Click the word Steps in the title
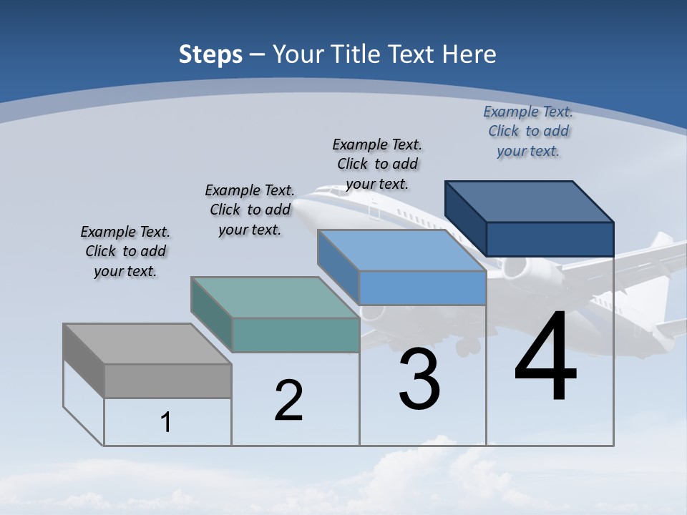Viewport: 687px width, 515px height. click(x=210, y=54)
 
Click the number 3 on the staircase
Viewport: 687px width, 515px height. click(x=419, y=379)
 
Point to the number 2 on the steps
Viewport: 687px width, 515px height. click(x=289, y=400)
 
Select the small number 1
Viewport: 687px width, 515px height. click(x=166, y=422)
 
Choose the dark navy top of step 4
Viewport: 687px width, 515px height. click(x=530, y=201)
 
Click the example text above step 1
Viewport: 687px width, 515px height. click(x=125, y=251)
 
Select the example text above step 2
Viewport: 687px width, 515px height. click(x=250, y=210)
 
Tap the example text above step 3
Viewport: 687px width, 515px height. click(x=377, y=164)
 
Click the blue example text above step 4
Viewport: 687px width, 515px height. click(x=528, y=131)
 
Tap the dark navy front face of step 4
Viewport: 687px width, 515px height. click(x=550, y=239)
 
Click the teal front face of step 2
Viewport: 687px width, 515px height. click(x=296, y=335)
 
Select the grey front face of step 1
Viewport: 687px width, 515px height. click(x=167, y=381)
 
